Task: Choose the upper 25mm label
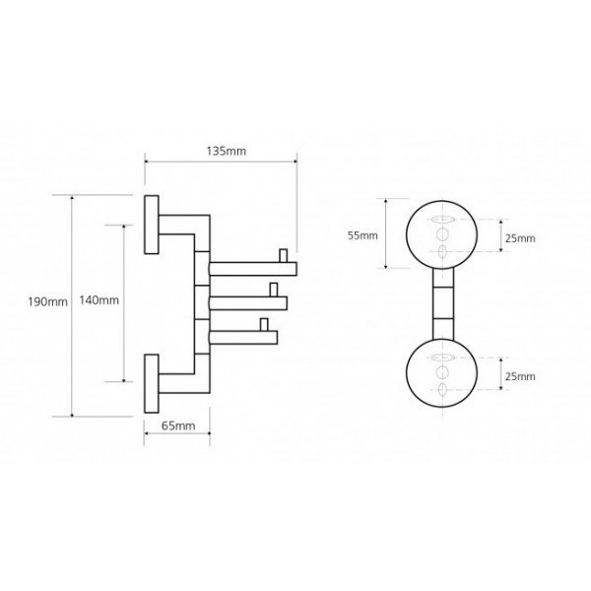(520, 238)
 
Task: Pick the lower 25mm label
(520, 377)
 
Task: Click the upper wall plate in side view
(153, 225)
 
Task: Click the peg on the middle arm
(273, 290)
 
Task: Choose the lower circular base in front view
(443, 375)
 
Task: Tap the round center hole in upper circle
(443, 234)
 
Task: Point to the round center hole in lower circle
(443, 375)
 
